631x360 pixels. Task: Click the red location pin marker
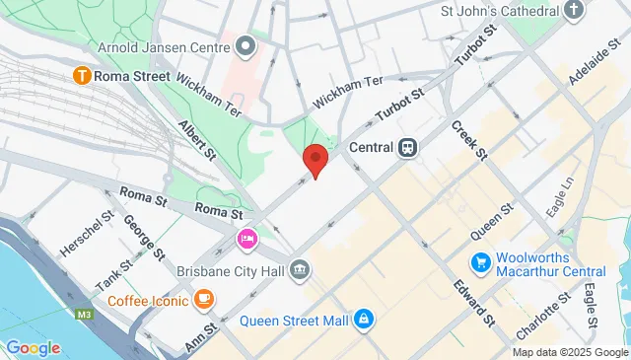point(315,159)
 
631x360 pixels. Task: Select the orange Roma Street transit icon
point(84,75)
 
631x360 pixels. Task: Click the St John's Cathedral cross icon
point(574,12)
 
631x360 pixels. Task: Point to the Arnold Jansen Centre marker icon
point(246,46)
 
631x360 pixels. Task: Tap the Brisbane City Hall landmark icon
point(300,269)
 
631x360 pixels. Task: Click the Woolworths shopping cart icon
point(480,262)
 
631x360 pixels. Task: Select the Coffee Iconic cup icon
point(204,296)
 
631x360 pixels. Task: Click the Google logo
point(33,347)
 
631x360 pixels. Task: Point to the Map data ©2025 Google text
point(570,352)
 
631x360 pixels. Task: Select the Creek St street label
point(469,140)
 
